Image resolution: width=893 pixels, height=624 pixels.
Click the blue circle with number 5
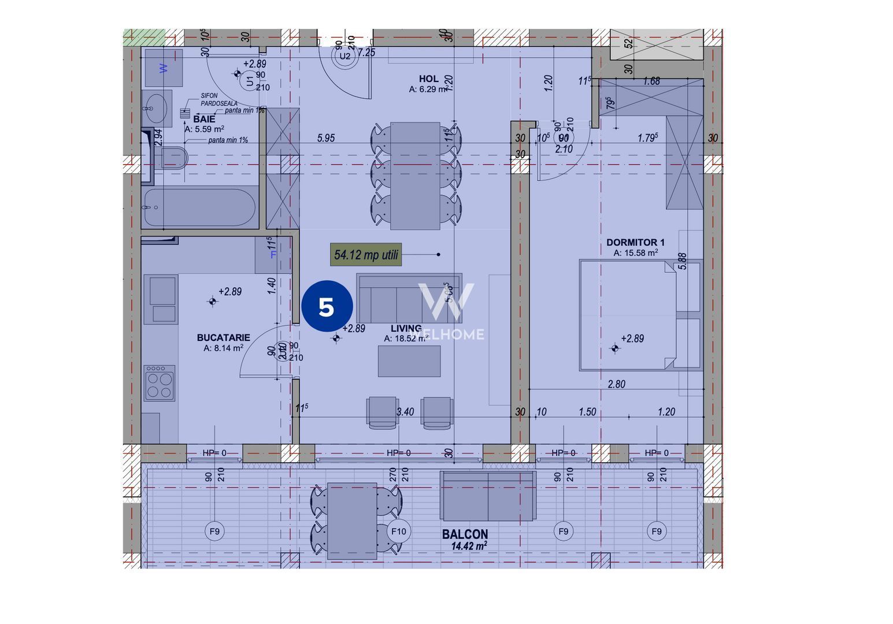tap(327, 307)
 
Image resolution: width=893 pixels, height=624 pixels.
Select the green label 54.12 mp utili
tap(366, 255)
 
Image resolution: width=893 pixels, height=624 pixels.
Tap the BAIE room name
tap(204, 119)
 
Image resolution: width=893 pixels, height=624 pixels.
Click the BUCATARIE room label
tap(223, 338)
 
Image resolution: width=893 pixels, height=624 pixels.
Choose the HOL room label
tap(428, 79)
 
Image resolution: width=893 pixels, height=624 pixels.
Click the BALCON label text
tap(465, 534)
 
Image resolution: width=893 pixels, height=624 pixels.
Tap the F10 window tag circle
tap(399, 532)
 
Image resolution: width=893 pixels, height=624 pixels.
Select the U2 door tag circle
tap(344, 56)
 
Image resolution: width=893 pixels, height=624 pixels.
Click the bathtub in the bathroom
tap(199, 207)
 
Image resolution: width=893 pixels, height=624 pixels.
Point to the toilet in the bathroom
tap(174, 157)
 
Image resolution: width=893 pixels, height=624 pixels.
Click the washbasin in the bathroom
tap(156, 107)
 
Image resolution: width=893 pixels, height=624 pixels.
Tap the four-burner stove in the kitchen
tap(160, 383)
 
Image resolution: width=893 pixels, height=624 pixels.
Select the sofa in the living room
tap(409, 299)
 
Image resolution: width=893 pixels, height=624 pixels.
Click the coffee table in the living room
tap(409, 361)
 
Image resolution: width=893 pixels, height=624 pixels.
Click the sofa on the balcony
tap(487, 496)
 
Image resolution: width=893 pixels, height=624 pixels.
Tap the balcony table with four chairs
tap(352, 520)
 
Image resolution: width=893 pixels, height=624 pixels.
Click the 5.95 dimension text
tap(326, 138)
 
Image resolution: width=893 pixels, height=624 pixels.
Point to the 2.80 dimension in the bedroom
tap(616, 384)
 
